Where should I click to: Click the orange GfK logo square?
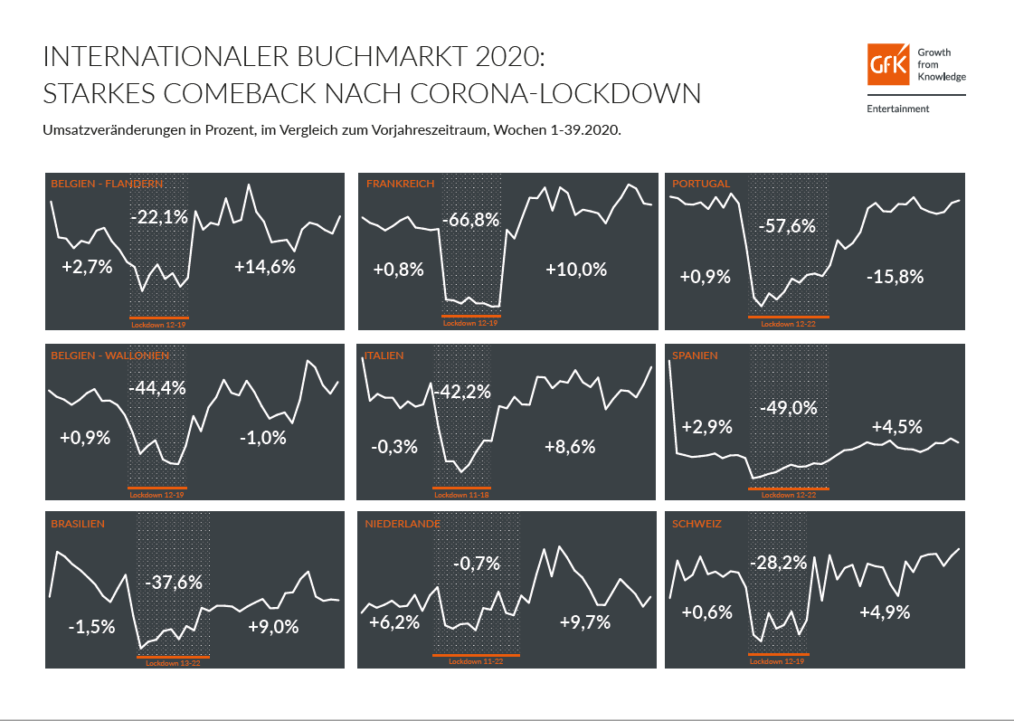888,64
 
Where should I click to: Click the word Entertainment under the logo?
897,109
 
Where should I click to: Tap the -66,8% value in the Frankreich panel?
470,221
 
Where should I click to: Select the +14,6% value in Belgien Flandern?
265,267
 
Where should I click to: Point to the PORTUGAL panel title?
701,184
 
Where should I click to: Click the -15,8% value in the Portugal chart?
894,277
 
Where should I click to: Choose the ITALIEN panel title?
384,356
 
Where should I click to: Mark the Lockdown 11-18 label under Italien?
461,495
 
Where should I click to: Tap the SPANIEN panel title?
695,356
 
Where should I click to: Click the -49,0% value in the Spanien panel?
788,408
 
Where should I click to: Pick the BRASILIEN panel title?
78,524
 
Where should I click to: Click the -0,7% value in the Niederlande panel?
477,564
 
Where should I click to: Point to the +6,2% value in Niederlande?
395,622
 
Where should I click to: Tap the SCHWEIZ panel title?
697,524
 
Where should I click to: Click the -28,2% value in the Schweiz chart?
778,563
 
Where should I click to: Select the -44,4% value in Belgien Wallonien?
157,388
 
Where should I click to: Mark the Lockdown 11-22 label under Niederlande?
476,661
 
